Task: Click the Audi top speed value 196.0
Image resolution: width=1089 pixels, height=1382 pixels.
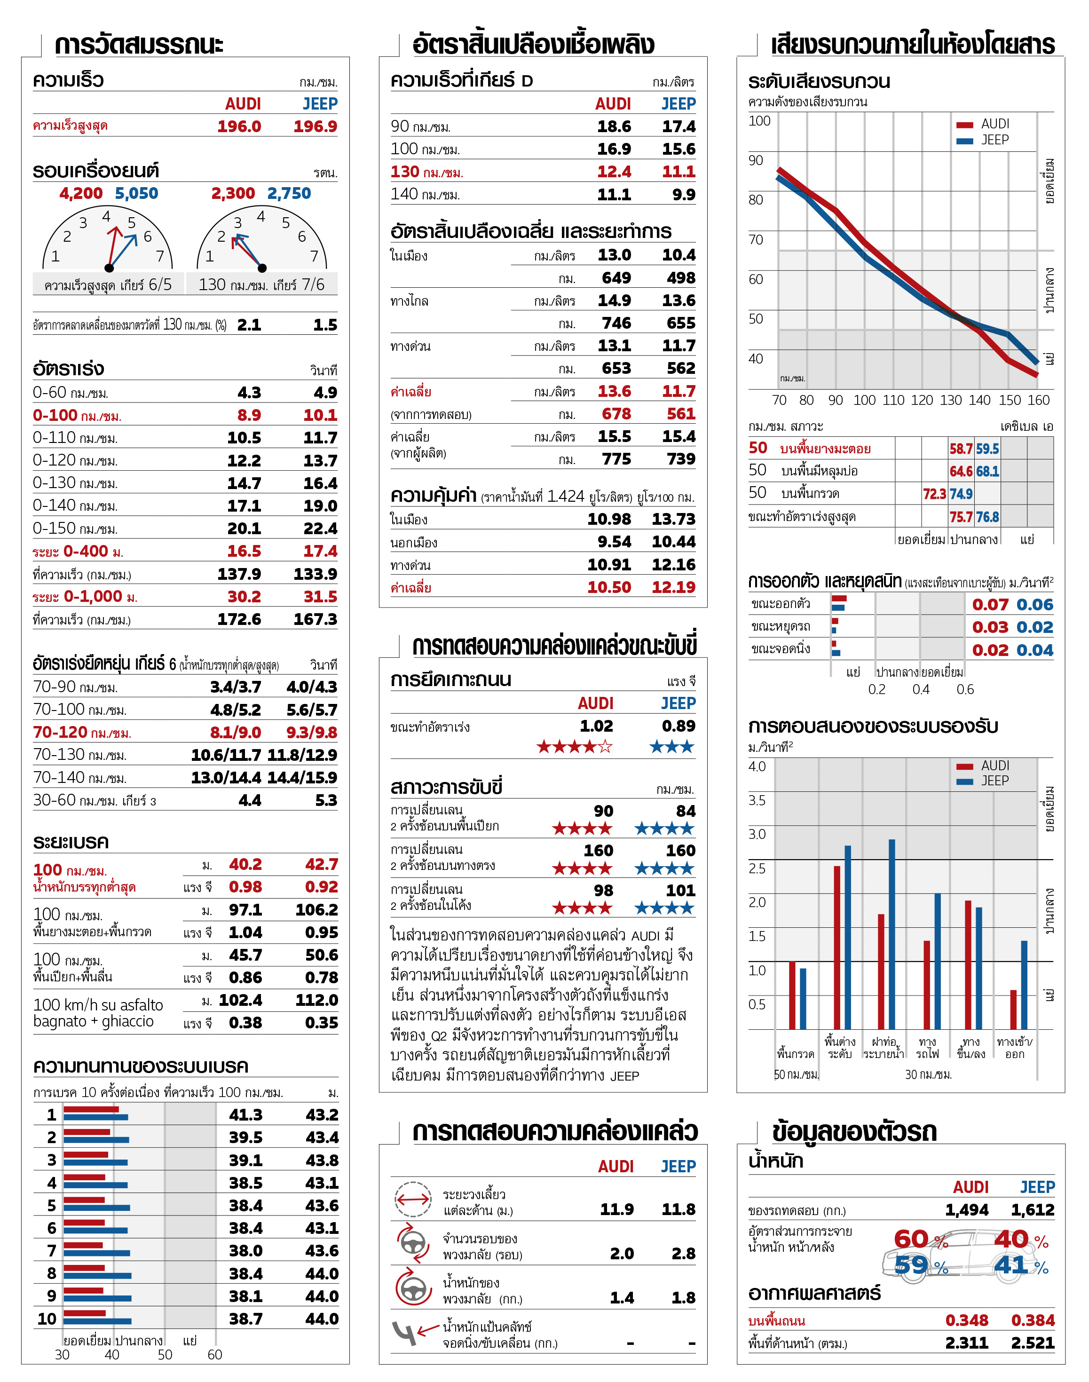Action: click(239, 126)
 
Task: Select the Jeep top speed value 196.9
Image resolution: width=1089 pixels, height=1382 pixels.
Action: click(315, 126)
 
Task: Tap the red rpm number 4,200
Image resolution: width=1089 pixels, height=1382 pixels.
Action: click(81, 193)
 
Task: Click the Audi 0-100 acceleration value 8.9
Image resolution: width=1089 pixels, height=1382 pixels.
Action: click(249, 415)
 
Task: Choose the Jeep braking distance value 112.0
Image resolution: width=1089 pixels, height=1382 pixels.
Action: click(316, 1000)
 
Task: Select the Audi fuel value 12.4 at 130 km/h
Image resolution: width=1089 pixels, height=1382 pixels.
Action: click(614, 172)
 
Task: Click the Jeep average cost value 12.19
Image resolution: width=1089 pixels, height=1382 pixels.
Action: click(673, 587)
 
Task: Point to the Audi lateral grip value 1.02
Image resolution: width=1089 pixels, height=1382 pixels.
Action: click(596, 726)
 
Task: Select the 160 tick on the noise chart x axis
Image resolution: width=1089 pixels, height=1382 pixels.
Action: click(1038, 400)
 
